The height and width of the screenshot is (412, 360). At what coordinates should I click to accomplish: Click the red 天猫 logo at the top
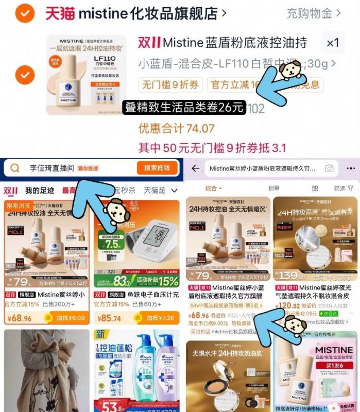(x=60, y=13)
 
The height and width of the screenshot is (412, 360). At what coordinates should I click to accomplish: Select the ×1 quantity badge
(x=333, y=43)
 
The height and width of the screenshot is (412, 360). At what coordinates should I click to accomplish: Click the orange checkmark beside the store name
(x=25, y=14)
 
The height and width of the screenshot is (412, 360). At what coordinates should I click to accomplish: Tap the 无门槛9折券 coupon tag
(x=170, y=84)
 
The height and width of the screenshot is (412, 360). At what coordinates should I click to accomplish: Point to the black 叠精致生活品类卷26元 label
(x=183, y=108)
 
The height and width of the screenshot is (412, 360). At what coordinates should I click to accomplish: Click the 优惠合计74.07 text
(x=176, y=128)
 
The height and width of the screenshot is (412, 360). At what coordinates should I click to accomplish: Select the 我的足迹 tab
(x=40, y=191)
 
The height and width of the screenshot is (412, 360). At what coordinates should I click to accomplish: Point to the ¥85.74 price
(x=111, y=318)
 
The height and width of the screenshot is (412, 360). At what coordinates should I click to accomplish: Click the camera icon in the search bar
(x=329, y=168)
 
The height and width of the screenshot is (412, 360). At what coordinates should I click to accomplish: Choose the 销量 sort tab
(x=274, y=188)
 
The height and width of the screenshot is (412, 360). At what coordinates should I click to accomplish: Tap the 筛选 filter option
(x=342, y=188)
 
